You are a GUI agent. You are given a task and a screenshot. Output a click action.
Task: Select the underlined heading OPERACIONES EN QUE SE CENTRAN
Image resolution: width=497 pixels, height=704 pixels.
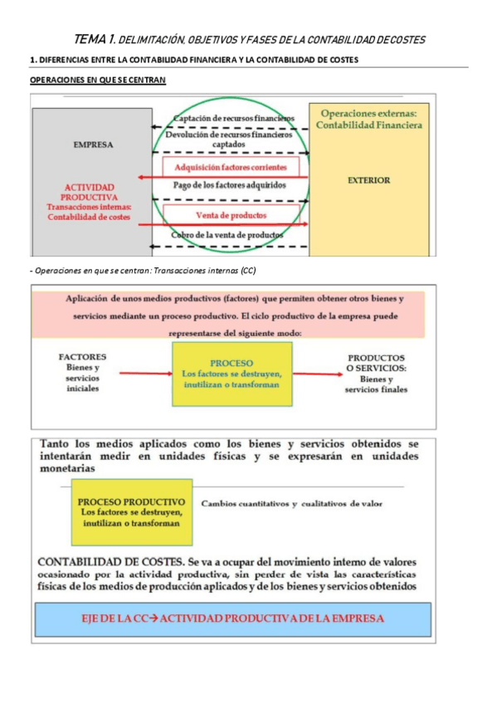point(97,80)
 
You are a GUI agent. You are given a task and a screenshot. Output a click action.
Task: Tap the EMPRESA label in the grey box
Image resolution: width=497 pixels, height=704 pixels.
point(93,144)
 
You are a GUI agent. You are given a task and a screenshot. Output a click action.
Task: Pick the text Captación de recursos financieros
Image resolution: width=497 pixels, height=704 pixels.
point(235,118)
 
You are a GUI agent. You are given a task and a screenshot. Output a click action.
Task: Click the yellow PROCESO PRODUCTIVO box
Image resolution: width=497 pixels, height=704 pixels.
point(131,512)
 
